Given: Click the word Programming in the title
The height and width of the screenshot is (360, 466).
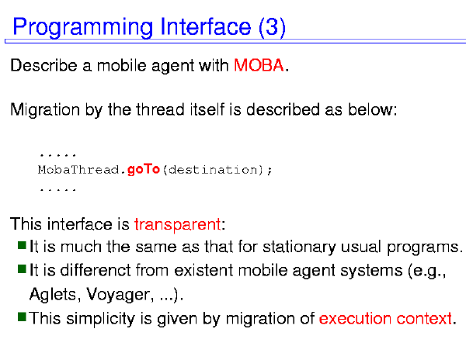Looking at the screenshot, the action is click(x=83, y=28).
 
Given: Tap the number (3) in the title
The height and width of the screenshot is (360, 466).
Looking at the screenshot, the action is click(x=273, y=27).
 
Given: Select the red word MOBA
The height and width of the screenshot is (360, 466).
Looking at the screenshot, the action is click(x=259, y=65).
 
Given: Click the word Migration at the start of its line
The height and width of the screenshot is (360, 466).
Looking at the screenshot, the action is click(x=45, y=110).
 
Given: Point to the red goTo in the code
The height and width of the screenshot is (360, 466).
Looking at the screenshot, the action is click(x=144, y=170).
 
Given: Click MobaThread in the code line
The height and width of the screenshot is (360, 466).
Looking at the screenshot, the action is click(x=78, y=170).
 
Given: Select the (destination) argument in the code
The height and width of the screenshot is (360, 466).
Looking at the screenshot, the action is click(x=214, y=170).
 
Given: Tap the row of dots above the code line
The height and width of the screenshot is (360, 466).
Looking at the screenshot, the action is click(x=58, y=155).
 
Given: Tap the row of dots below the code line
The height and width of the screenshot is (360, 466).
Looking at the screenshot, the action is click(x=58, y=189).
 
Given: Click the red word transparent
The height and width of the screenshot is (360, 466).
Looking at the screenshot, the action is click(x=177, y=224).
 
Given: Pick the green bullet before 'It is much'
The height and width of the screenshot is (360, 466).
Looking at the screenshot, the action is click(x=22, y=245).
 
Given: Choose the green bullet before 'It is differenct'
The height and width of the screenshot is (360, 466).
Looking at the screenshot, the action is click(x=22, y=269).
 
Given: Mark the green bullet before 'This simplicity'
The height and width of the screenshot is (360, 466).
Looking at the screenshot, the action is click(x=22, y=317).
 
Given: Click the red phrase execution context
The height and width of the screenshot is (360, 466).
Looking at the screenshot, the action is click(x=385, y=318).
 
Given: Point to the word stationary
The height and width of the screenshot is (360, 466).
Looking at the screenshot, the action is click(x=300, y=247).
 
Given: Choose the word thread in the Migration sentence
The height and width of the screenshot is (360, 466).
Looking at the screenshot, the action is click(x=160, y=109).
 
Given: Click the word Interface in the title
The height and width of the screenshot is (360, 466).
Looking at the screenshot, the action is click(x=206, y=27).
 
